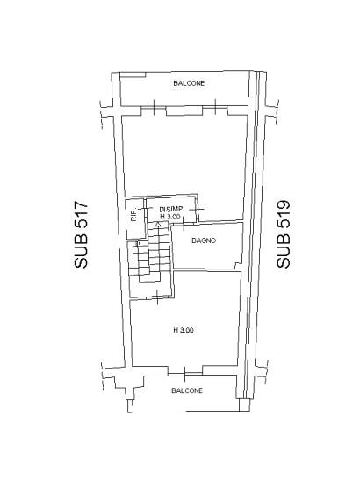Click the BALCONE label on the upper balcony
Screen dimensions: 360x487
pyautogui.click(x=189, y=83)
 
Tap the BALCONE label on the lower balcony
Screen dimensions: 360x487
pyautogui.click(x=187, y=390)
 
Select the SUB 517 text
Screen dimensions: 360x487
pyautogui.click(x=81, y=235)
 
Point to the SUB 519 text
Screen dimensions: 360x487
pyautogui.click(x=284, y=234)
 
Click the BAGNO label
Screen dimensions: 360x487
pyautogui.click(x=204, y=240)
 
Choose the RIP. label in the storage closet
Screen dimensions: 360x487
pyautogui.click(x=133, y=216)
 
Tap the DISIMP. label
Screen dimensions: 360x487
pyautogui.click(x=172, y=210)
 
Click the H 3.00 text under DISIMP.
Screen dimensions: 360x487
pyautogui.click(x=169, y=217)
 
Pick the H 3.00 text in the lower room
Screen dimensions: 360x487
pyautogui.click(x=184, y=330)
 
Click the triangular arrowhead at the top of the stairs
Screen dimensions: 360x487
pyautogui.click(x=158, y=224)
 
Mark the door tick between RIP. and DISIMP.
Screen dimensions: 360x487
pyautogui.click(x=145, y=208)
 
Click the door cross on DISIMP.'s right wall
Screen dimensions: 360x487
pyautogui.click(x=197, y=210)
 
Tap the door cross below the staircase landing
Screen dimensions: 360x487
pyautogui.click(x=157, y=297)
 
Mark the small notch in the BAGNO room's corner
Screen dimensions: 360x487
pyautogui.click(x=238, y=266)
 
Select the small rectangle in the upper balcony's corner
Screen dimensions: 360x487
pyautogui.click(x=133, y=75)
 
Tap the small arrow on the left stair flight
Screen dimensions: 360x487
pyautogui.click(x=139, y=245)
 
